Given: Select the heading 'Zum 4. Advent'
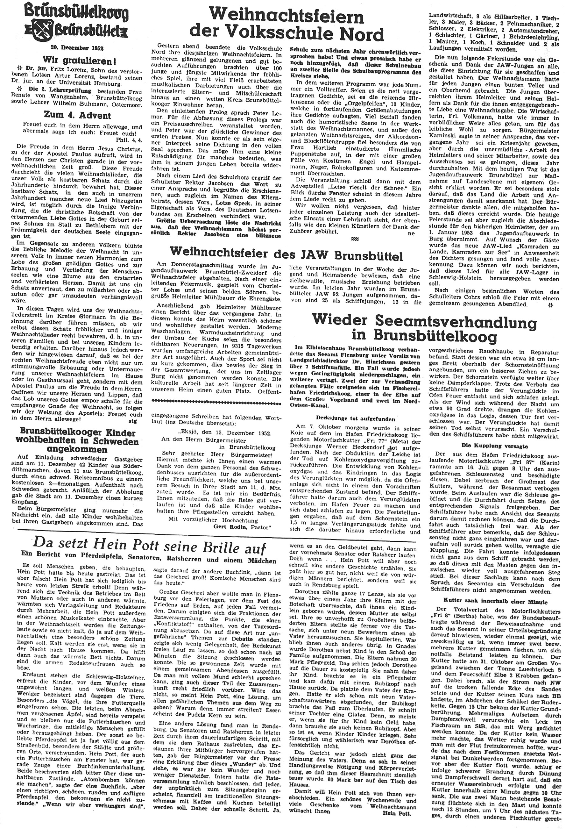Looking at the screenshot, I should pyautogui.click(x=77, y=116).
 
